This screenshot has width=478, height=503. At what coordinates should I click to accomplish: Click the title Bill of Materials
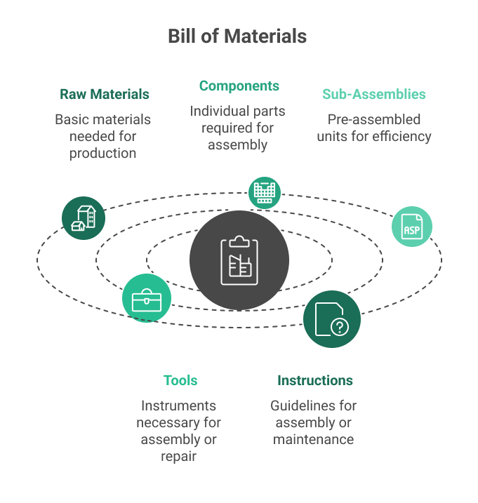237,36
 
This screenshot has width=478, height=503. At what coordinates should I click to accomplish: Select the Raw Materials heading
104,94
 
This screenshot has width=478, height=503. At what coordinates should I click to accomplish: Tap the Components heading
239,86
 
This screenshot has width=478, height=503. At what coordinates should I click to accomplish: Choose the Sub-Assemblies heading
373,94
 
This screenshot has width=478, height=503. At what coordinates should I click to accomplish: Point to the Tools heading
180,381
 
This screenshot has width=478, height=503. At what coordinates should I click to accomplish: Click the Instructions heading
314,381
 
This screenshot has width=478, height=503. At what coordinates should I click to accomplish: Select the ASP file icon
411,227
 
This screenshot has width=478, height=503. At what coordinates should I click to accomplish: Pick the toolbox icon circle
147,298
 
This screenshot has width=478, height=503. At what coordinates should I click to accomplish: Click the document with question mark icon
332,319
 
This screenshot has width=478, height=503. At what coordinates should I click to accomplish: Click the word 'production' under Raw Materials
102,153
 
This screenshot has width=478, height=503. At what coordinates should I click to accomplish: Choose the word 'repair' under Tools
178,457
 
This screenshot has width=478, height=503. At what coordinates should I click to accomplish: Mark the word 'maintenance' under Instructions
313,440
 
